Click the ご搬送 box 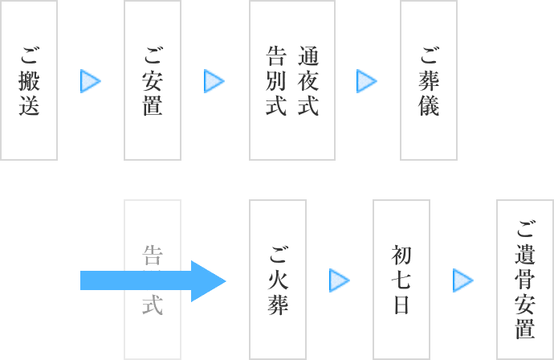pos(29,80)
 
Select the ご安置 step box pos(153,80)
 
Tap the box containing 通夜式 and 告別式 pos(292,80)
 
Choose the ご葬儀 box pos(429,80)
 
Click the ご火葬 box pos(278,279)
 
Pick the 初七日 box pos(401,279)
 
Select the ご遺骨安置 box pos(525,279)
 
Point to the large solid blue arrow pos(153,280)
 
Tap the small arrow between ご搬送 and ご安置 pos(91,80)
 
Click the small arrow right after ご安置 pos(214,80)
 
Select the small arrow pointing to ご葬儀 pos(367,80)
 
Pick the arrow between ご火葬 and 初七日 pos(340,280)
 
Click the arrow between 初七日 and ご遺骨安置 pos(463,280)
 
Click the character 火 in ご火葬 pos(278,280)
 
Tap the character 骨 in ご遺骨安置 pos(525,280)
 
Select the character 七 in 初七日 pos(401,280)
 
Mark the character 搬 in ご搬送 pos(29,80)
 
